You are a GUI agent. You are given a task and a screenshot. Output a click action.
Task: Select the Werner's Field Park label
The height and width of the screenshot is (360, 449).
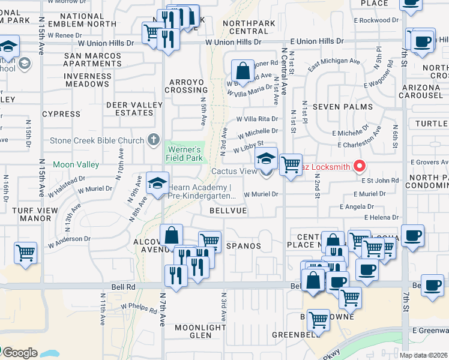185,153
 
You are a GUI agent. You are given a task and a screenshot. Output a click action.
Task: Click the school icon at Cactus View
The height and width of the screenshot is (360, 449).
266,160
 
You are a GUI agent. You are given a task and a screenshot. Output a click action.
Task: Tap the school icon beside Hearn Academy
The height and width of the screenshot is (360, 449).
157,184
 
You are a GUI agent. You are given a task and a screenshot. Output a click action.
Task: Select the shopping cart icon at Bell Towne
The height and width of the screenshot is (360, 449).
318,321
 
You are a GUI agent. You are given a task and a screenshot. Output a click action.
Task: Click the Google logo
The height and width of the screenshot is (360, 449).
19,353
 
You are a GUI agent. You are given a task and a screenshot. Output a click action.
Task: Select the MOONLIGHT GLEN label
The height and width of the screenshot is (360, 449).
200,332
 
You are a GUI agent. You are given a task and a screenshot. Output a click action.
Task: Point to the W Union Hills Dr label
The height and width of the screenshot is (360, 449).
233,43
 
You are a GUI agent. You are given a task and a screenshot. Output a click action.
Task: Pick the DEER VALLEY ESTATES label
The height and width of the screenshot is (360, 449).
134,109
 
